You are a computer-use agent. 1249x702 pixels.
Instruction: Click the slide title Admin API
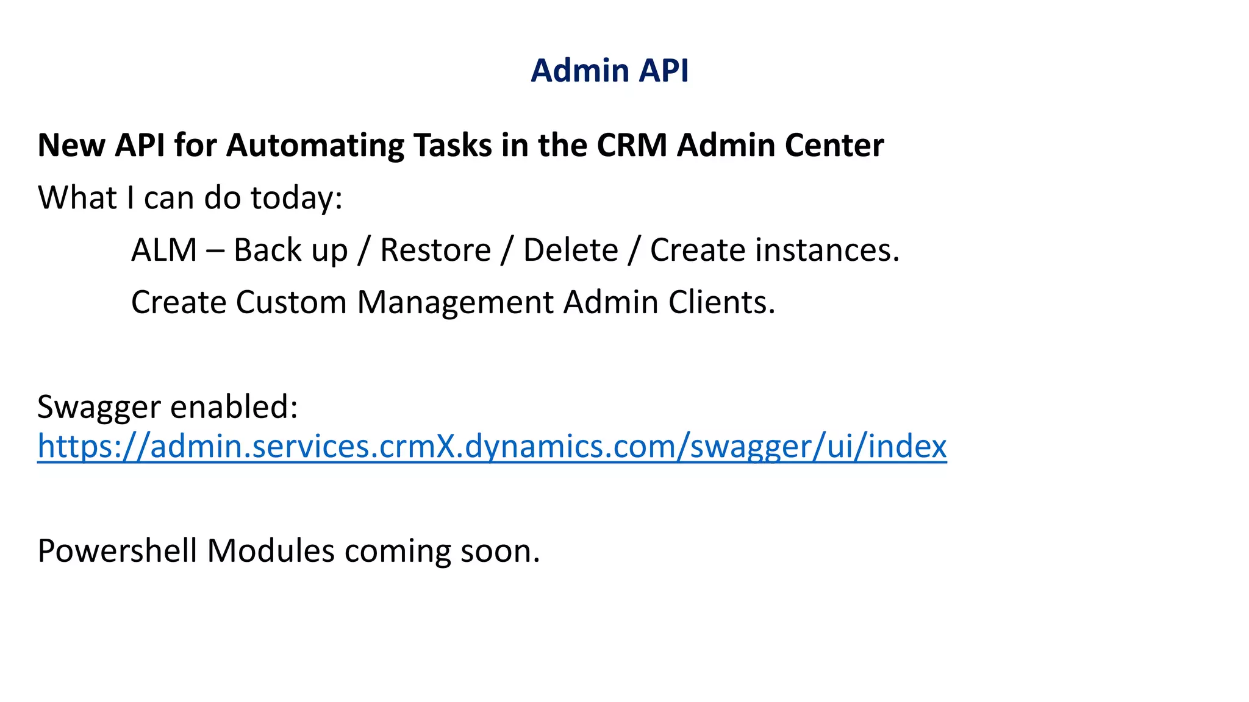pos(609,71)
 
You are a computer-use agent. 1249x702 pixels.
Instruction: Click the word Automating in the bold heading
pos(315,146)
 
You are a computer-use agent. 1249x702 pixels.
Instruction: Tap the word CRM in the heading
pos(632,146)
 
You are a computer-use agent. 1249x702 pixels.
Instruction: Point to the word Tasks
pos(453,146)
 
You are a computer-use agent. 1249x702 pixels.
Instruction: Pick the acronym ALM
pos(164,250)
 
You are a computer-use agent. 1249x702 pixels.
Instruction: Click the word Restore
pos(435,250)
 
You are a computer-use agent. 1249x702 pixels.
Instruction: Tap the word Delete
pos(570,250)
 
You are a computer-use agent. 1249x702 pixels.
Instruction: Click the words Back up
pos(290,250)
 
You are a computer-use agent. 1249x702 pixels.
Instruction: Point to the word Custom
pos(290,303)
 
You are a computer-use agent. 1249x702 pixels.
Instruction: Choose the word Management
pos(455,303)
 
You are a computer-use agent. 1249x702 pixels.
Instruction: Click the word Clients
pos(721,303)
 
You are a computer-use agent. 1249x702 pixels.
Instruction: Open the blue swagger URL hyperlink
pos(492,447)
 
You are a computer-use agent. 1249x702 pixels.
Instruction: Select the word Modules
pos(270,551)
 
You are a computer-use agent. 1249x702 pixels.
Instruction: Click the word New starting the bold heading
pos(71,146)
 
